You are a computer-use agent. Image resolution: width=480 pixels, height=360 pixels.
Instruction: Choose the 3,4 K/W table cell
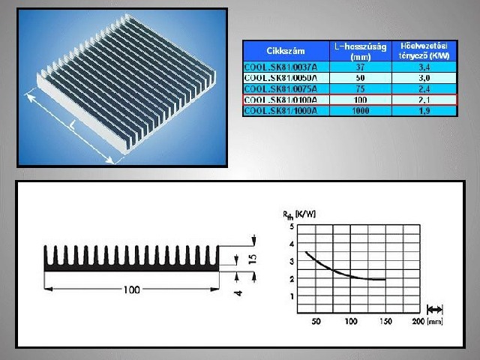(x=423, y=66)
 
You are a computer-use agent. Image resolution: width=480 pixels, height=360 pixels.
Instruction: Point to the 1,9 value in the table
(x=423, y=111)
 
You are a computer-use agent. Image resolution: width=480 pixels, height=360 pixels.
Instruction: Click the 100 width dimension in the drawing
(x=130, y=290)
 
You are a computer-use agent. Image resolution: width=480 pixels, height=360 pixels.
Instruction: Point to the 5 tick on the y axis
(x=292, y=227)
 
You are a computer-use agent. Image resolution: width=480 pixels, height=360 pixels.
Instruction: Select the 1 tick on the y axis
(x=292, y=296)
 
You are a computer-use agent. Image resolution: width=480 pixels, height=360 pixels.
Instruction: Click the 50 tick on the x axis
(x=316, y=322)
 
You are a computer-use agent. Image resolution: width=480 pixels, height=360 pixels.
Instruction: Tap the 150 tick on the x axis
(x=385, y=322)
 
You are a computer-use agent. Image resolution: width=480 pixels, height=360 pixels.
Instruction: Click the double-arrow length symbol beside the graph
(x=436, y=308)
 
